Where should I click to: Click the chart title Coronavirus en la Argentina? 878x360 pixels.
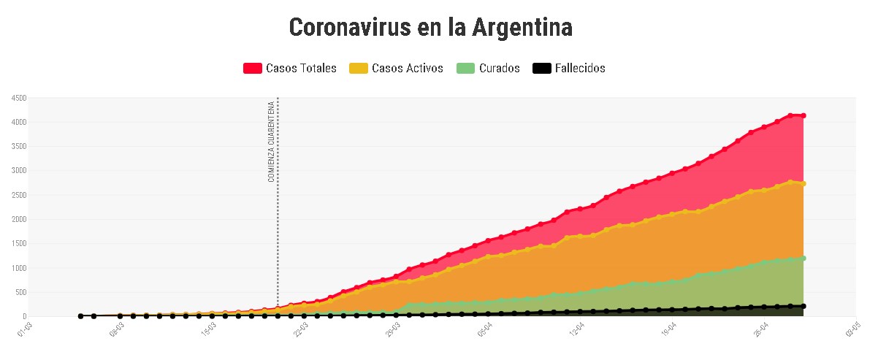(431, 28)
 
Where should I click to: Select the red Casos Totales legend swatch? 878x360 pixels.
(252, 69)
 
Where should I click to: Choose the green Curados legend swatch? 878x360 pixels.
(465, 69)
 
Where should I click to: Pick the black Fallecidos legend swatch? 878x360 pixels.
(541, 69)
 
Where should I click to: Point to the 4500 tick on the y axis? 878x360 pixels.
(18, 98)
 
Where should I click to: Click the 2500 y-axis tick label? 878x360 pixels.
(18, 195)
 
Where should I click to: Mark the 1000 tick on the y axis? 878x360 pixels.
(18, 268)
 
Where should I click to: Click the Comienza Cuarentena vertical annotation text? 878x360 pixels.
(271, 141)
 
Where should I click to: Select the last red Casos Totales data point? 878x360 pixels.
(803, 115)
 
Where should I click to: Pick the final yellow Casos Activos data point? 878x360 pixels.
(803, 183)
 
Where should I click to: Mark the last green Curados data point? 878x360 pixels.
(803, 258)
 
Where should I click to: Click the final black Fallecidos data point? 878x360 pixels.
(803, 306)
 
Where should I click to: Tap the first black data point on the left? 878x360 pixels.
(80, 316)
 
